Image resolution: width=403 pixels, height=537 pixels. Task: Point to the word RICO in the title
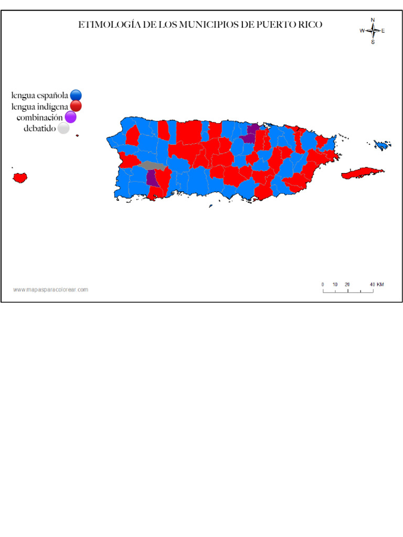tap(311, 25)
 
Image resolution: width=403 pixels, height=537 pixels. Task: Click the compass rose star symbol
tap(373, 30)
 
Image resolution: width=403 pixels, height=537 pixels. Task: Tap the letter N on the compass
tap(373, 20)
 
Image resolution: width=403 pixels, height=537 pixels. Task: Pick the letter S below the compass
tap(373, 42)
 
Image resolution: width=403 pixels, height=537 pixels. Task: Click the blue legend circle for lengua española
tap(76, 95)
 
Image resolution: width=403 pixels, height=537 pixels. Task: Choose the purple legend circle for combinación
tap(70, 117)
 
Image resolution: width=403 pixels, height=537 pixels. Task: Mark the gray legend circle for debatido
tap(63, 128)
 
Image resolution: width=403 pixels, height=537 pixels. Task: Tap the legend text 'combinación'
tap(39, 117)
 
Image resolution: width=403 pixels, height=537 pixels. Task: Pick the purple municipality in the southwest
tap(152, 178)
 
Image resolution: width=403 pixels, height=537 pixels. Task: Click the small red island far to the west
tap(20, 177)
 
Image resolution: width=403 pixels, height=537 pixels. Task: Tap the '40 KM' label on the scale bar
tap(377, 284)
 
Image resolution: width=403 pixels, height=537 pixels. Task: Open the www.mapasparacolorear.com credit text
tap(50, 289)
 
